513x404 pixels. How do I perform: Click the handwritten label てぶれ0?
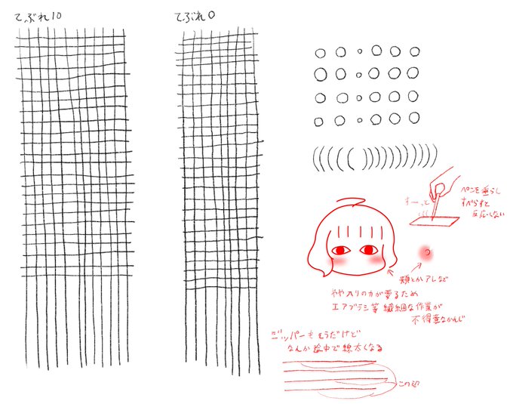tap(196, 16)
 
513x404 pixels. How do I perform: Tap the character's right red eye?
tap(370, 250)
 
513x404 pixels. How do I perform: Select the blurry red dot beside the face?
tap(426, 251)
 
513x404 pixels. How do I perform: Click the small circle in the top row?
tap(360, 53)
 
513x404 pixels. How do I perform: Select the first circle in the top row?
tap(320, 53)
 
